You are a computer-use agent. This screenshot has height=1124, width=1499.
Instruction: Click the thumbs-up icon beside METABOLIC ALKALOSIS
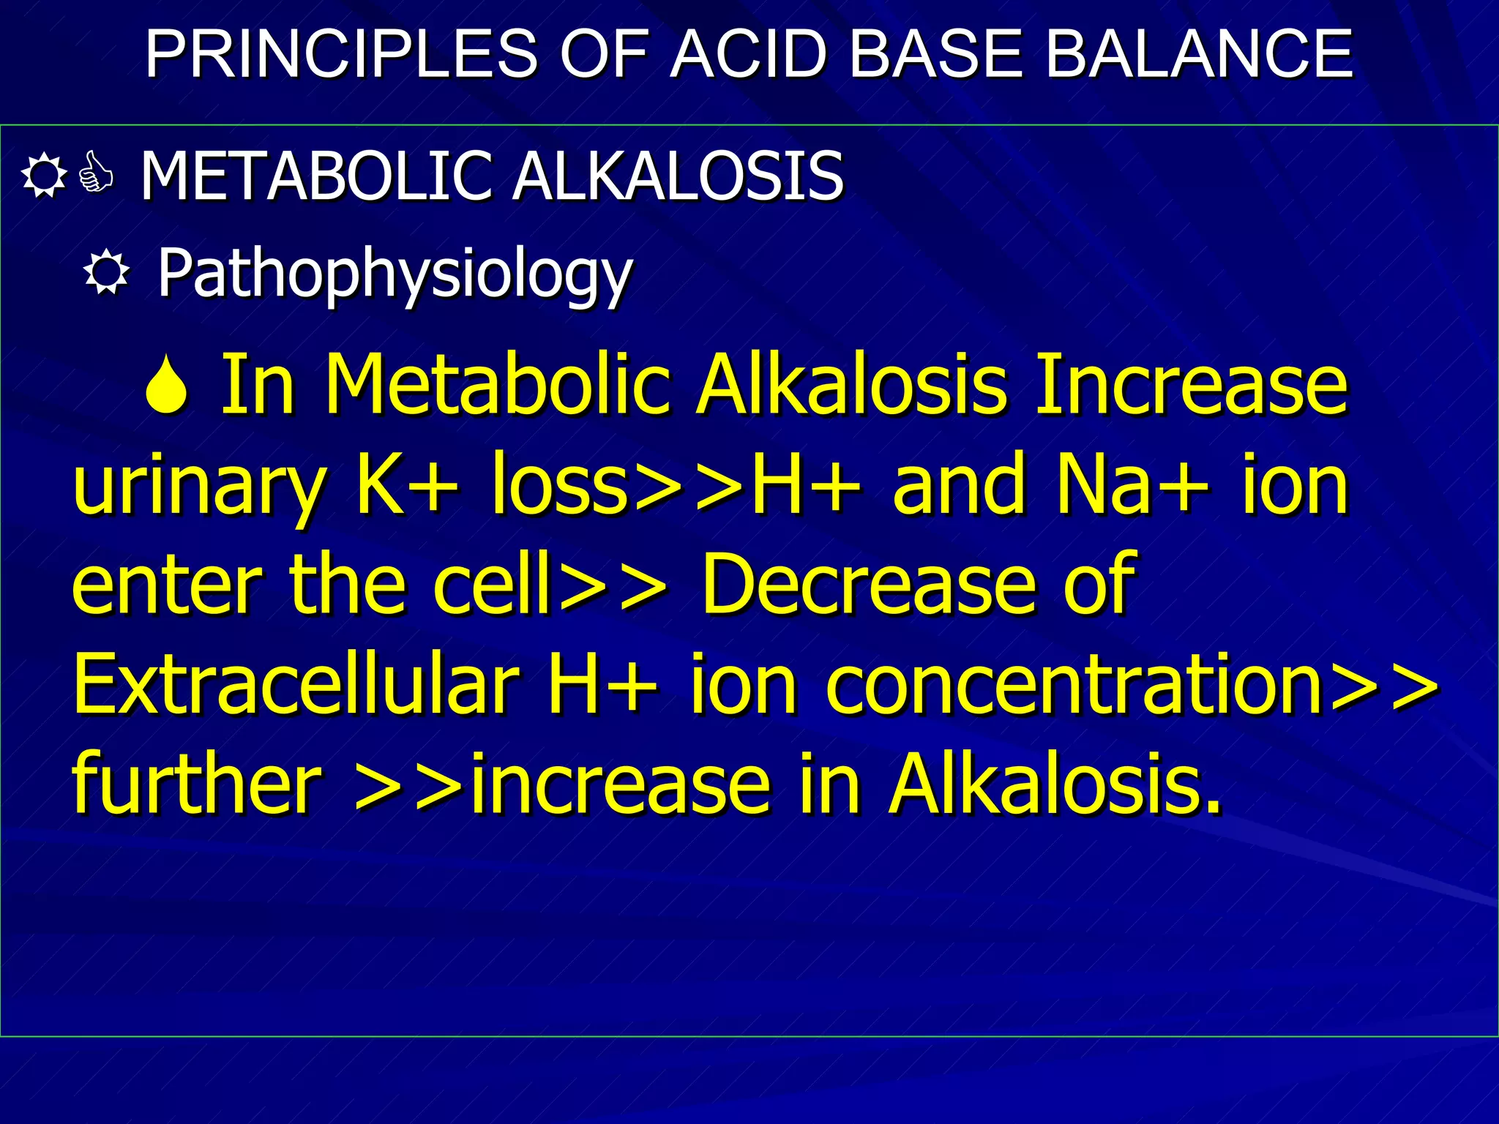pyautogui.click(x=97, y=173)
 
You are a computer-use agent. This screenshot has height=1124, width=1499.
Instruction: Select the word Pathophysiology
pyautogui.click(x=395, y=274)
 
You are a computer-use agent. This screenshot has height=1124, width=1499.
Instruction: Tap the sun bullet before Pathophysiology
pyautogui.click(x=107, y=274)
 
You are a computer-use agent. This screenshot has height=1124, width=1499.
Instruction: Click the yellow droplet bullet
pyautogui.click(x=167, y=385)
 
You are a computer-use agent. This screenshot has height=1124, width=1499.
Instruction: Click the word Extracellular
pyautogui.click(x=296, y=684)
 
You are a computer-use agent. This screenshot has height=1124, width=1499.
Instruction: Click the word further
pyautogui.click(x=198, y=784)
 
